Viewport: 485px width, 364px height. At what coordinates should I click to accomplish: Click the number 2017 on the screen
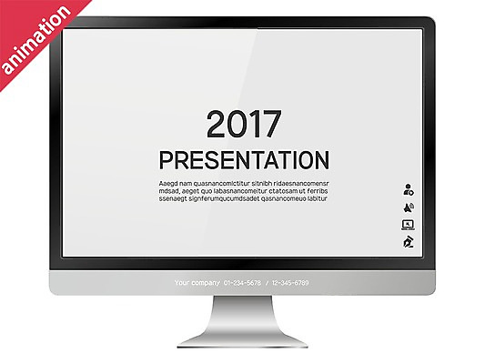coord(243,125)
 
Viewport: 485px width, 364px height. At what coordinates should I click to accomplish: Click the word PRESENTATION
coord(243,161)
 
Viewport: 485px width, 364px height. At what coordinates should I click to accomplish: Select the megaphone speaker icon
coord(409,207)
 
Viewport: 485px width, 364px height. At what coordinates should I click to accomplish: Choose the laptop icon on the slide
coord(409,224)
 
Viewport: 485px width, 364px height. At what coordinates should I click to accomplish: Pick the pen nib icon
coord(409,242)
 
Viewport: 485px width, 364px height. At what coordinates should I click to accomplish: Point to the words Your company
coord(196,283)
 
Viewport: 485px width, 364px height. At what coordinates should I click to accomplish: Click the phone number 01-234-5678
coord(242,283)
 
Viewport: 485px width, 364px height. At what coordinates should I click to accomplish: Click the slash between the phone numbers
coord(266,283)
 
